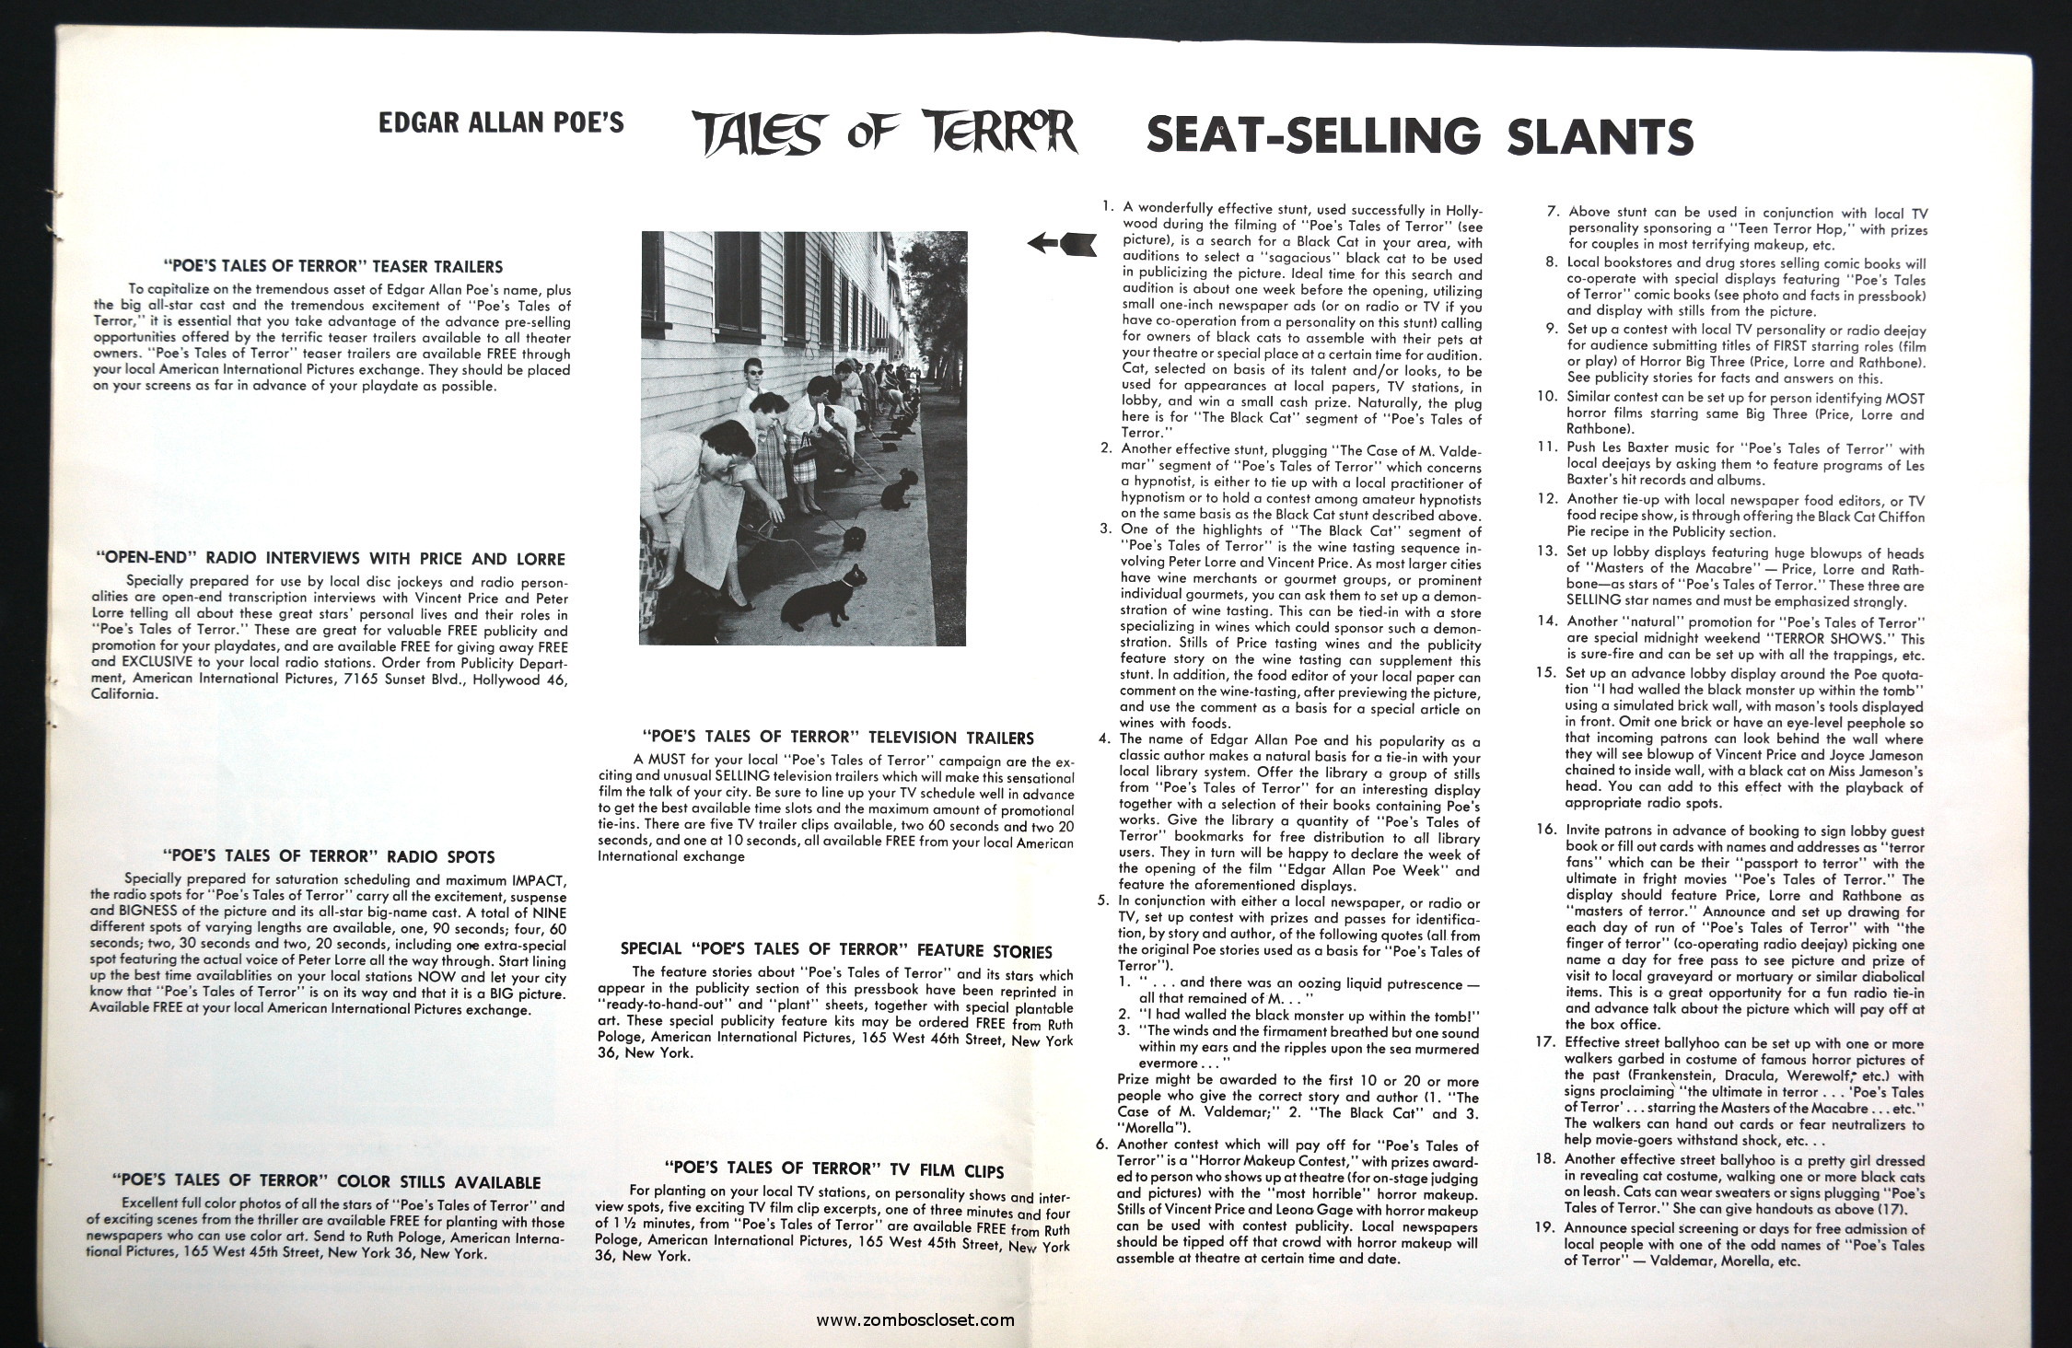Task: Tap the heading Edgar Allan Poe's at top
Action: click(x=501, y=122)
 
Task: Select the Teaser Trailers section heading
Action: click(x=332, y=266)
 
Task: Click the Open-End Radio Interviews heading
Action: click(x=330, y=558)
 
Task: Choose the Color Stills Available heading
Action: click(x=326, y=1182)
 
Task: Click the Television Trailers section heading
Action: click(x=837, y=737)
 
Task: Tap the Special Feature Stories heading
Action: click(x=835, y=950)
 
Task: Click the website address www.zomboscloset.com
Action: click(x=915, y=1319)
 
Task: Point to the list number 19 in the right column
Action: click(x=1547, y=1228)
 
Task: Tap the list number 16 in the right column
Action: click(x=1547, y=829)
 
